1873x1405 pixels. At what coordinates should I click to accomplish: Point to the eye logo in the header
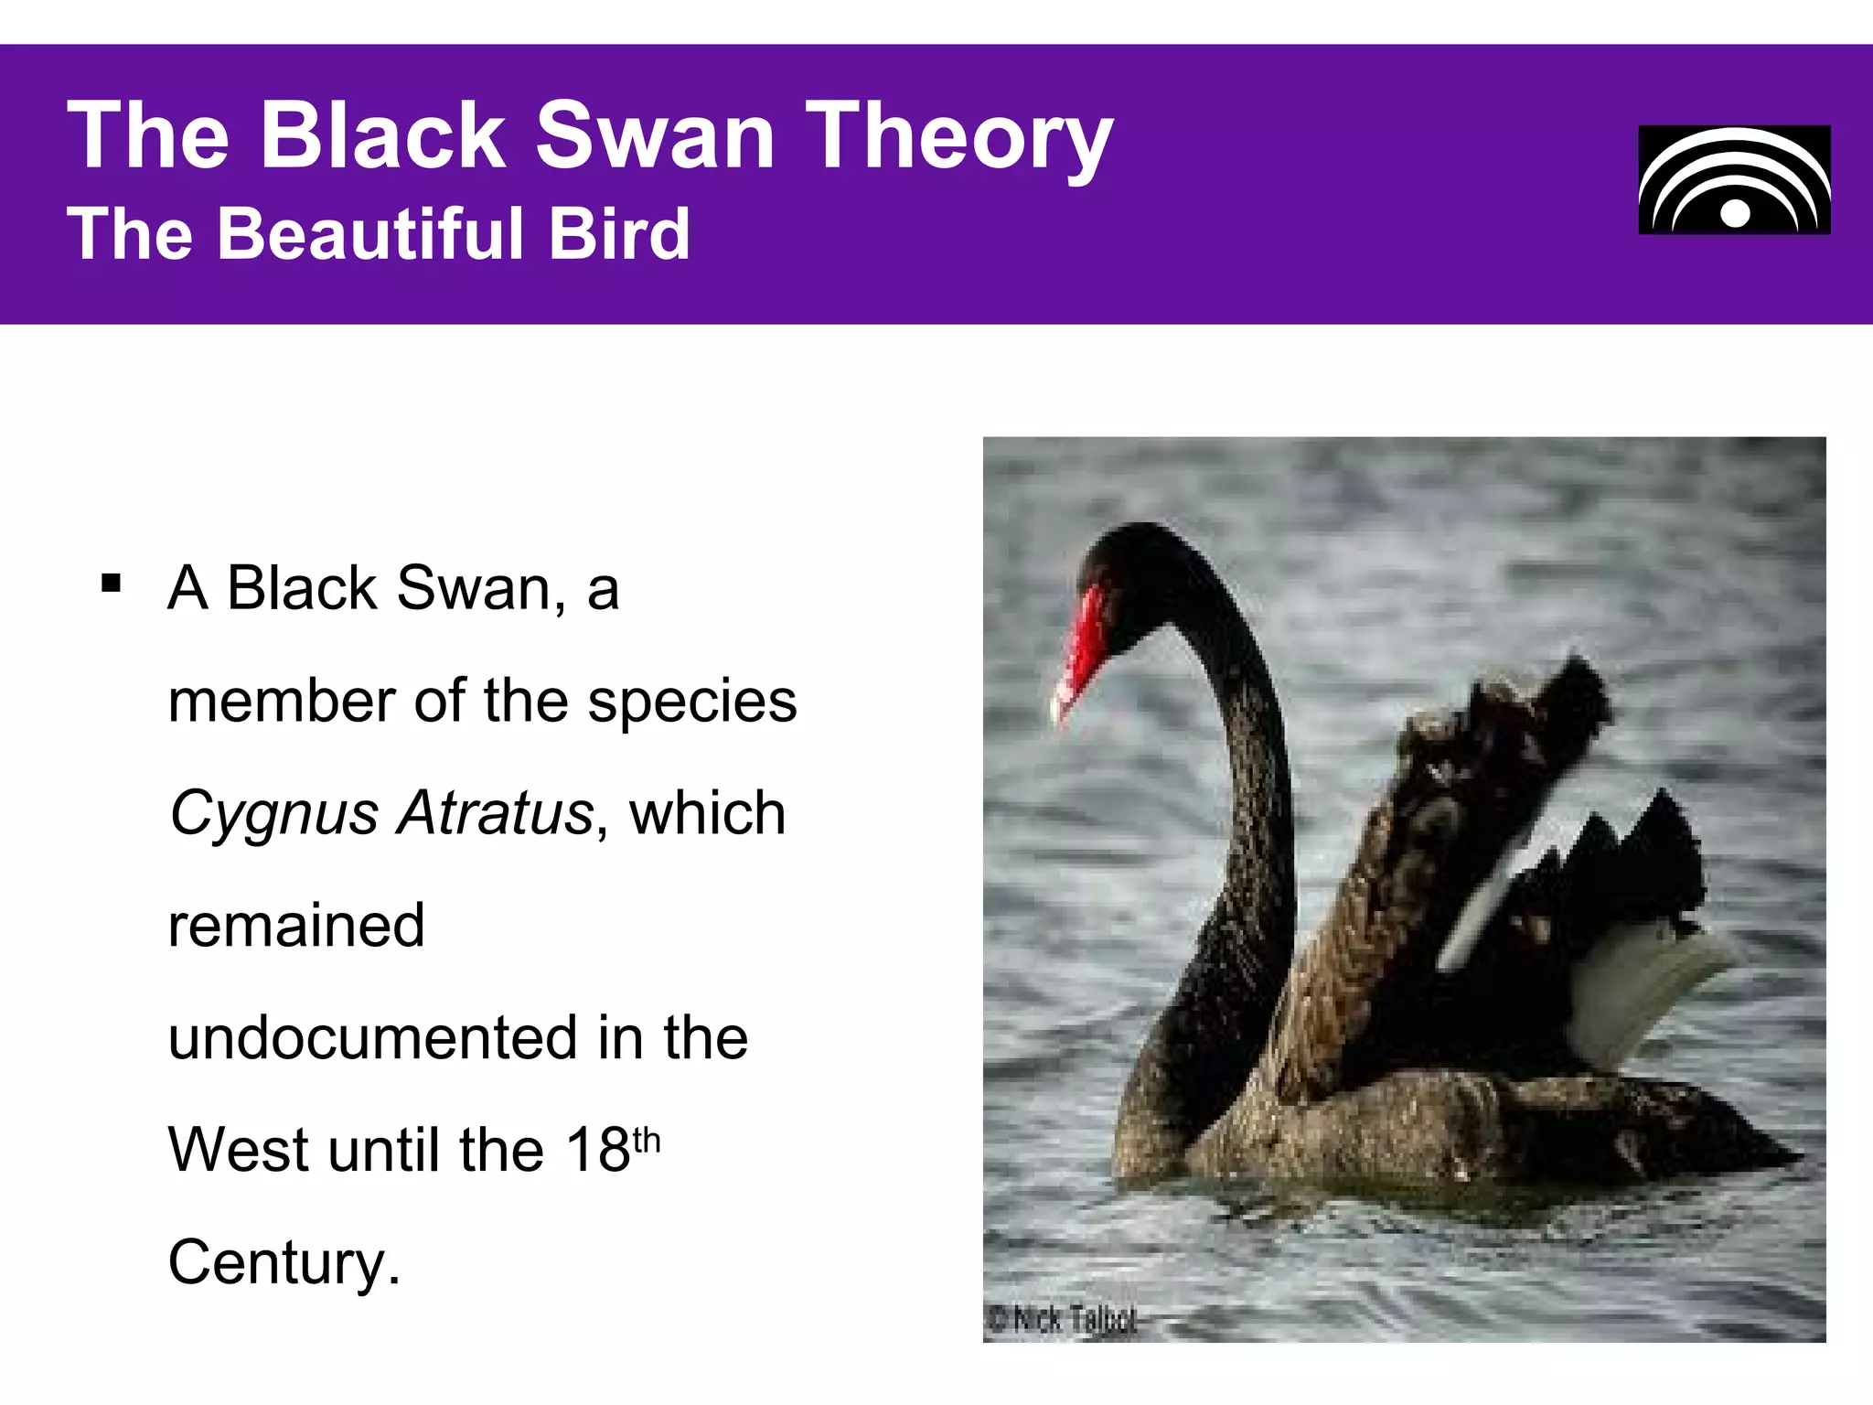point(1734,180)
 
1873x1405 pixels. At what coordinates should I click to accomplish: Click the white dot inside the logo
point(1735,214)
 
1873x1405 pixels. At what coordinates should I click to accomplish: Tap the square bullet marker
point(112,584)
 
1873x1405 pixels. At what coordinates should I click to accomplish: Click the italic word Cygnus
point(273,813)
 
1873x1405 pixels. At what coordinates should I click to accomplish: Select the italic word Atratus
point(496,813)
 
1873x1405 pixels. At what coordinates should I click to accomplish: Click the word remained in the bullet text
point(296,926)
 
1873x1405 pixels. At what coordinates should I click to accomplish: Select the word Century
point(284,1263)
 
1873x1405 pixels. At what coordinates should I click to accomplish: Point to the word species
point(692,702)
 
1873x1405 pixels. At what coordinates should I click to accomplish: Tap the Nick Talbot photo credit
point(1064,1320)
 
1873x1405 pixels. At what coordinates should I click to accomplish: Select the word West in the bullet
point(238,1150)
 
